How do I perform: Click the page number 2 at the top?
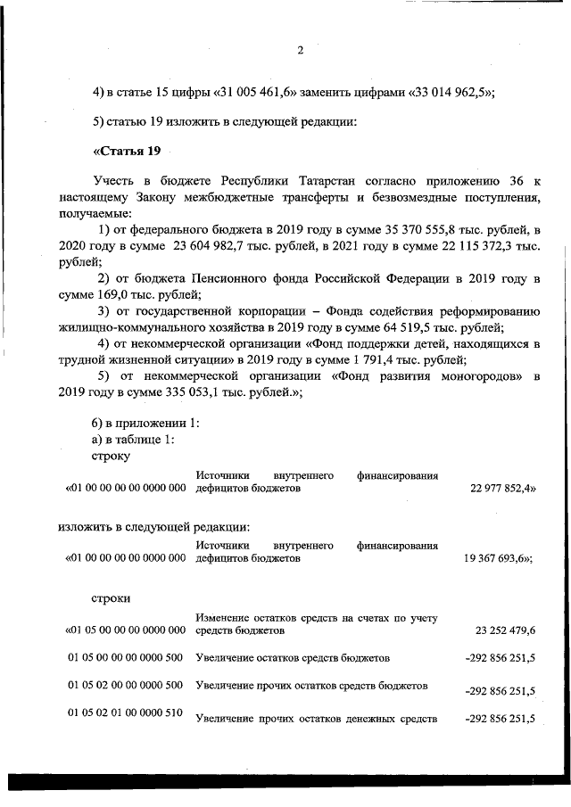pos(300,51)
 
